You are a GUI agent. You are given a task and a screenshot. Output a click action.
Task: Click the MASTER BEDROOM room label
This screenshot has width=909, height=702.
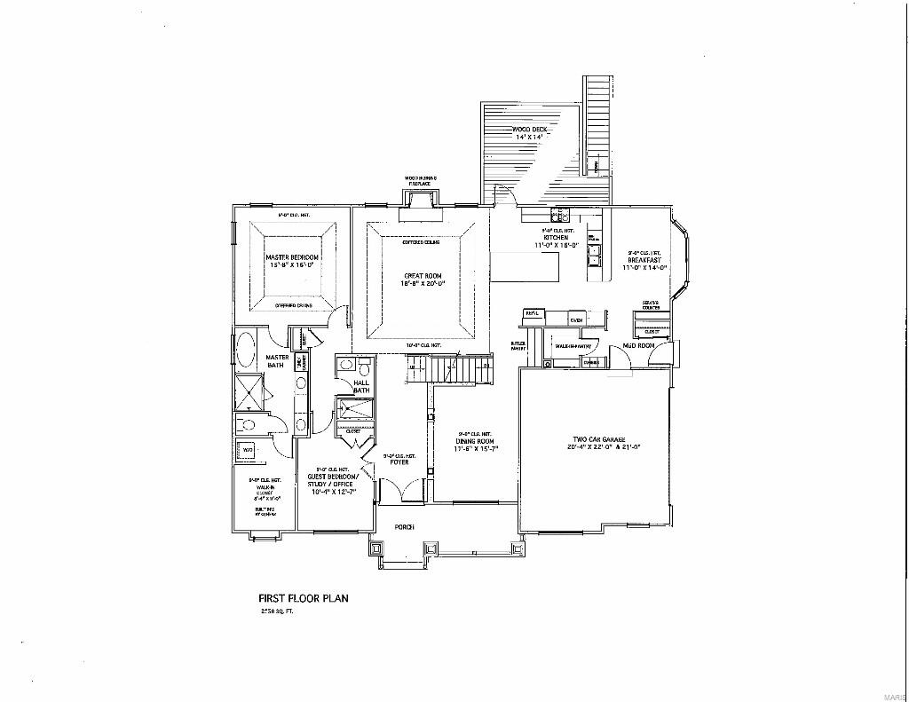(292, 257)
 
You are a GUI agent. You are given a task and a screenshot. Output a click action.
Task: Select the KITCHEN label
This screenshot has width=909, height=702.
(557, 237)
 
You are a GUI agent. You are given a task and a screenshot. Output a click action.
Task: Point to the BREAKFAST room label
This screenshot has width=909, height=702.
(644, 260)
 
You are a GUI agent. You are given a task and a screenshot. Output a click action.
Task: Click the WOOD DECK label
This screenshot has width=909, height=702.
(530, 130)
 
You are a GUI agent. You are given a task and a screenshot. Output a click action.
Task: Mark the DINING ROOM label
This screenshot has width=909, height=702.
(476, 441)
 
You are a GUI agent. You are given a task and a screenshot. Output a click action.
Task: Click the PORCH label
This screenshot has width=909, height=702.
(405, 527)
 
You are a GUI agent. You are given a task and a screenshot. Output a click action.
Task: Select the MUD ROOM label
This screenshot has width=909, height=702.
(637, 345)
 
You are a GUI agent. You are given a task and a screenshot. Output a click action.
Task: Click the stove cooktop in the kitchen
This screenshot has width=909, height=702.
(559, 215)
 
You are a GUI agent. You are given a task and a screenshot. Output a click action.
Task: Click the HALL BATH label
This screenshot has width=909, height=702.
(361, 386)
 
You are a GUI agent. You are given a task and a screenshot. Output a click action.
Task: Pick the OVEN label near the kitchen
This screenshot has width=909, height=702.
(575, 319)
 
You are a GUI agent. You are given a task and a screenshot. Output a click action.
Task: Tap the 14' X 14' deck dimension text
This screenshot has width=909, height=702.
(530, 138)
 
